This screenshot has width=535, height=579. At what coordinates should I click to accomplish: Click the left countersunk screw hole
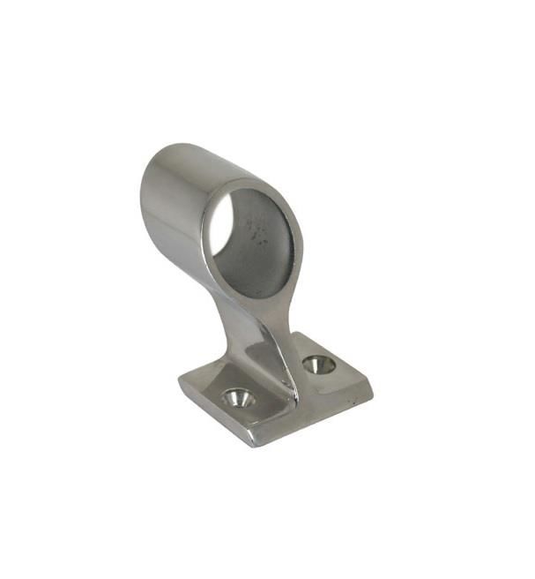237,398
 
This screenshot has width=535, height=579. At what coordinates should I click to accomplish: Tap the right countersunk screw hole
318,364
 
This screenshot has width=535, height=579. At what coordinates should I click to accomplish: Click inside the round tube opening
256,238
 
